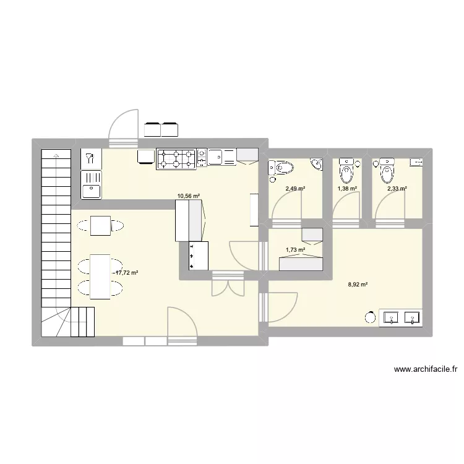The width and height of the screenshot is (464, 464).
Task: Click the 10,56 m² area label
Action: [189, 196]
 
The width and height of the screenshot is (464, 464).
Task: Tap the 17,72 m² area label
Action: [126, 272]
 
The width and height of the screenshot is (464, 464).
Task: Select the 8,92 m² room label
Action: [358, 285]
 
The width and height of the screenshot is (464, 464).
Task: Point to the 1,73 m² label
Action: [295, 250]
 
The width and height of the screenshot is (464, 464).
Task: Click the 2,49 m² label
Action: [294, 189]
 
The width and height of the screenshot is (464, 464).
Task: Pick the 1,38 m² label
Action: [347, 189]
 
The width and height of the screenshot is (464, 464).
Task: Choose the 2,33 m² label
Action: [397, 189]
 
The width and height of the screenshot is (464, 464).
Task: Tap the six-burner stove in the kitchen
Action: [176, 158]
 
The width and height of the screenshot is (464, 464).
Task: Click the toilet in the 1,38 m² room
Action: [346, 168]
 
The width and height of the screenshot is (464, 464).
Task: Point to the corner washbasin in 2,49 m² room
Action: [317, 164]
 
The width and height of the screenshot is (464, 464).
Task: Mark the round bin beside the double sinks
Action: [370, 317]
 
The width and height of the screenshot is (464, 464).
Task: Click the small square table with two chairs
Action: [100, 226]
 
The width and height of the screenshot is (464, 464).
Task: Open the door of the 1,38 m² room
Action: [346, 204]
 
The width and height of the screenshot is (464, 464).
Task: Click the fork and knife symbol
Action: [90, 158]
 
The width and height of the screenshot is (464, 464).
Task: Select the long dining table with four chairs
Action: [100, 277]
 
